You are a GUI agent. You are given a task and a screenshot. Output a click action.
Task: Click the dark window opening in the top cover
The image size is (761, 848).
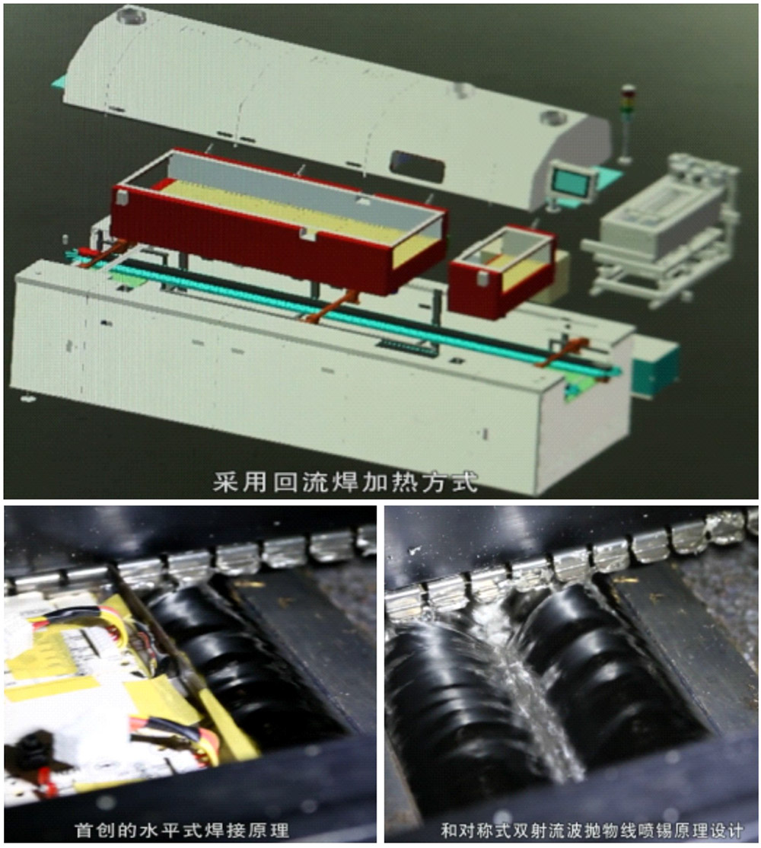click(419, 165)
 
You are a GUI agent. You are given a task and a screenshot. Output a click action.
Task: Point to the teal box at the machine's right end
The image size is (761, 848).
click(655, 365)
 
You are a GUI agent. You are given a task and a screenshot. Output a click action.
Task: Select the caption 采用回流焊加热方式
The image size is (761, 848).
click(345, 482)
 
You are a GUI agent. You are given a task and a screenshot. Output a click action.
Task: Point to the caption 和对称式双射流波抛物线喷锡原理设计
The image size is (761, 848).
click(592, 830)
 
